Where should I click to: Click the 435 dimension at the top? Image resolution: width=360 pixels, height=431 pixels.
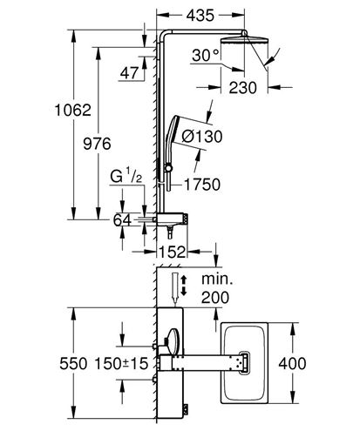200,16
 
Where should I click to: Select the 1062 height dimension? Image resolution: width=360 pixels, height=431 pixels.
73,111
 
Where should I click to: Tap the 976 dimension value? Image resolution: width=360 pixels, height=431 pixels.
97,144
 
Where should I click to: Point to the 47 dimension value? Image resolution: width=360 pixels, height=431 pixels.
129,73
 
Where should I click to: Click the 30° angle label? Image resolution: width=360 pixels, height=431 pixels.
206,55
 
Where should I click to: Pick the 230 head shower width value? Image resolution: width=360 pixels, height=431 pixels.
243,88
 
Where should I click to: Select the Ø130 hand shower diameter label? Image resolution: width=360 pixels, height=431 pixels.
202,137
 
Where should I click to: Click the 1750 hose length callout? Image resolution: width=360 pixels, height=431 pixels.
202,185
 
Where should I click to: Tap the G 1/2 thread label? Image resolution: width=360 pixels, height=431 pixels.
126,176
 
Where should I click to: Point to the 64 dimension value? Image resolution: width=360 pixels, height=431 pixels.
122,220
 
